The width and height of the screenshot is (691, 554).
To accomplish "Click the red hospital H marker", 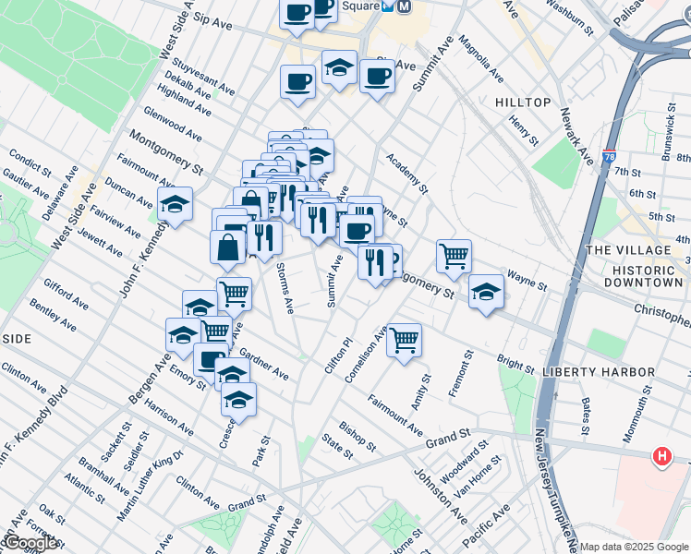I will coord(661,456).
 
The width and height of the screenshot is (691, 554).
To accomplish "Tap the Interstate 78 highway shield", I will coord(610,159).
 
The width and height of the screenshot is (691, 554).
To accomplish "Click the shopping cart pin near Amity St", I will coord(404,341).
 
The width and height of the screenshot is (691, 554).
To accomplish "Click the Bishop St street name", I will coord(358,438).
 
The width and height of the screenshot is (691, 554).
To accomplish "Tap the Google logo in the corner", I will coord(30,543).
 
